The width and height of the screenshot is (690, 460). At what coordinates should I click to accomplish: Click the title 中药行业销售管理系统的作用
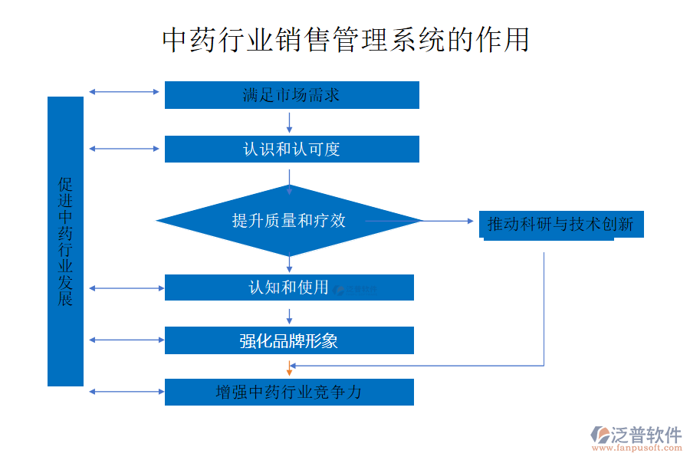tap(346, 40)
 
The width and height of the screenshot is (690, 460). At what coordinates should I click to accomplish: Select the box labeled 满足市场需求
tap(291, 95)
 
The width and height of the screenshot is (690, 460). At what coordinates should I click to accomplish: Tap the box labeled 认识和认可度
tap(291, 149)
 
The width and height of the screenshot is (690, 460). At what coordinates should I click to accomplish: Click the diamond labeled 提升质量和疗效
tap(289, 221)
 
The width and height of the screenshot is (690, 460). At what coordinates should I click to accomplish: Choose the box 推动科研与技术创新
tap(560, 225)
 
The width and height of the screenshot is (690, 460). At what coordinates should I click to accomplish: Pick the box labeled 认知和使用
tap(289, 287)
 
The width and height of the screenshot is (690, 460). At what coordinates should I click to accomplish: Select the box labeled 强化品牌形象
tap(289, 340)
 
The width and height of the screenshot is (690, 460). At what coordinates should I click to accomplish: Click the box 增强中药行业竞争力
tap(289, 392)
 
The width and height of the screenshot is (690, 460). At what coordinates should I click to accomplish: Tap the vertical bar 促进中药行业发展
tap(65, 242)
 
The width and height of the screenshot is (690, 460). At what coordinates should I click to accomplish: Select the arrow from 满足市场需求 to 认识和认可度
tap(289, 121)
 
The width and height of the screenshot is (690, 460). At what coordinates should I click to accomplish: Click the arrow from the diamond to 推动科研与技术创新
tap(449, 221)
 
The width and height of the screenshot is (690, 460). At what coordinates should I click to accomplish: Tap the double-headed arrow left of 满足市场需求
tap(123, 92)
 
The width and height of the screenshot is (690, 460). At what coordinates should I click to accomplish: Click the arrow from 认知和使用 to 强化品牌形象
tap(289, 315)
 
